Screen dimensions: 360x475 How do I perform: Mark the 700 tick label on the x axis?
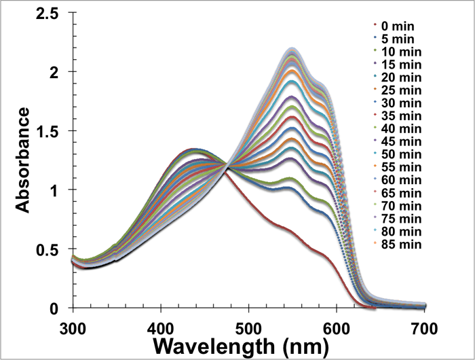coord(425,324)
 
